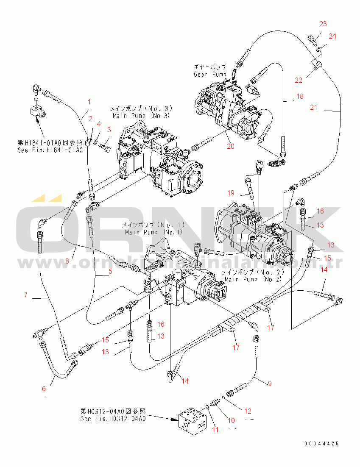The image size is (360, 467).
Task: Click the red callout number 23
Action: (x=323, y=24)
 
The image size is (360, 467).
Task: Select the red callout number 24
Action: (x=332, y=36)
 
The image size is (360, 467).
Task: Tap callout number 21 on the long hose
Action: (x=313, y=108)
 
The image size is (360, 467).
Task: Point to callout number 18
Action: (x=300, y=97)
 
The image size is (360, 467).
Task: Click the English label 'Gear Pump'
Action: (x=210, y=74)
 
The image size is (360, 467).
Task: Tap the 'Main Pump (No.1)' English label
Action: (x=153, y=232)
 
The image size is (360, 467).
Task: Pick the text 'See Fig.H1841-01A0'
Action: (x=50, y=150)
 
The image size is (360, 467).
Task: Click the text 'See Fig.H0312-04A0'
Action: (x=113, y=419)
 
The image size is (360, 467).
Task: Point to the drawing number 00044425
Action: (x=321, y=444)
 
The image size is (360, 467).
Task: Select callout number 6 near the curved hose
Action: (x=43, y=389)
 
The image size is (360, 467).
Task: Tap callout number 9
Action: (x=269, y=384)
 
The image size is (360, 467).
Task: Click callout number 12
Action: (x=248, y=411)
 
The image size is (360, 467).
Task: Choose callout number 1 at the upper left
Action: (x=89, y=102)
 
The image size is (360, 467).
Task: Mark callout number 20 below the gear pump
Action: (x=230, y=147)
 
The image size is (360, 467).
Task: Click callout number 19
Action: (x=230, y=193)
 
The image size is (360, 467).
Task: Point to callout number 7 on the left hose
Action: (x=26, y=295)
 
